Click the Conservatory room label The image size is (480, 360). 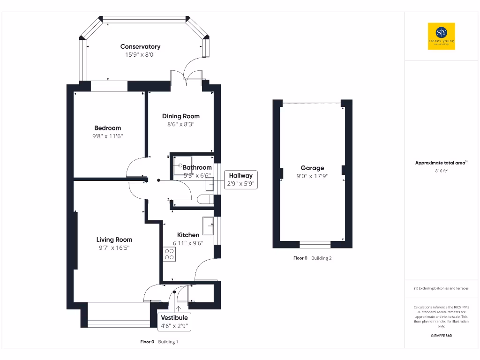pyautogui.click(x=140, y=46)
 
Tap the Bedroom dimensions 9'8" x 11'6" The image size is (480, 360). pyautogui.click(x=107, y=136)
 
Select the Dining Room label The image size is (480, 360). pyautogui.click(x=180, y=116)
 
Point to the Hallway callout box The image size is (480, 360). pyautogui.click(x=240, y=180)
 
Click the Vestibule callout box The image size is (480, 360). pyautogui.click(x=175, y=322)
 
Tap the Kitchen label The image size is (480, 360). pyautogui.click(x=188, y=235)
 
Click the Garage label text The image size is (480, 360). pyautogui.click(x=312, y=168)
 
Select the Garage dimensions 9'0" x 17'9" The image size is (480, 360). pyautogui.click(x=312, y=176)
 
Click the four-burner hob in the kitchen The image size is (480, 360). pyautogui.click(x=169, y=254)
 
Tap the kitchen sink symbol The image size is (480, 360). pyautogui.click(x=209, y=225)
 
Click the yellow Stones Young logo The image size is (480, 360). pyautogui.click(x=441, y=36)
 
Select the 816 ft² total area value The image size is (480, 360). pyautogui.click(x=441, y=171)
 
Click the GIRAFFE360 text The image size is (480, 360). pyautogui.click(x=441, y=336)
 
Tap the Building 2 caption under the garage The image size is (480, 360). pyautogui.click(x=321, y=258)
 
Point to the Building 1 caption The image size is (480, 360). pyautogui.click(x=168, y=342)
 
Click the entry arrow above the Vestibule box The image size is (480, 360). pyautogui.click(x=178, y=308)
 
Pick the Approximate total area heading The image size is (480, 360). pyautogui.click(x=441, y=163)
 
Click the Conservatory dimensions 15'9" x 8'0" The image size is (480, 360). pyautogui.click(x=140, y=55)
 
